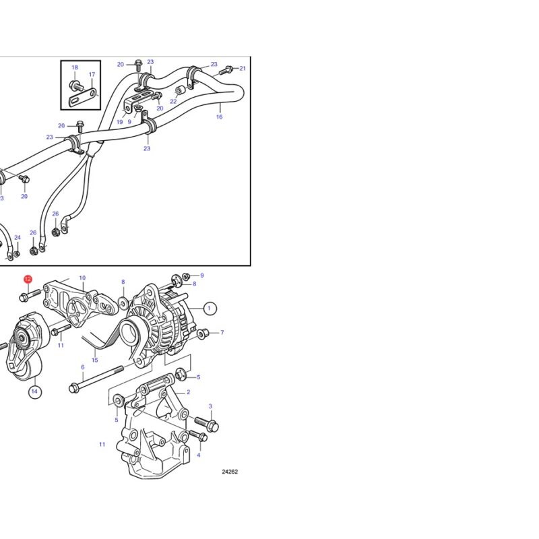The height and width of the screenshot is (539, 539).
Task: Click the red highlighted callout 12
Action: [28, 279]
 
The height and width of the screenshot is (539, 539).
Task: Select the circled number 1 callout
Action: [210, 308]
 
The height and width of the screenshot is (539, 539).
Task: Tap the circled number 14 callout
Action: [34, 391]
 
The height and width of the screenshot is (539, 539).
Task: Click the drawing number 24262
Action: [230, 472]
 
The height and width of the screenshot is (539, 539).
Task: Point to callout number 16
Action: [220, 117]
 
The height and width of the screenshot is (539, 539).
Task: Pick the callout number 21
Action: [243, 69]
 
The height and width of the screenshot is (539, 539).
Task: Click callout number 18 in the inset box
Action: [75, 67]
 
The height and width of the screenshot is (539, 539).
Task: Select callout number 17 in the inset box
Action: [92, 74]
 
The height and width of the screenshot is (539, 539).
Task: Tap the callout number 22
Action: [173, 102]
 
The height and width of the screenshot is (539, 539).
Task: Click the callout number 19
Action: [120, 122]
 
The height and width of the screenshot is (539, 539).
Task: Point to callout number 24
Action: [18, 238]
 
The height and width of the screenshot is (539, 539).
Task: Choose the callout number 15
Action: [95, 360]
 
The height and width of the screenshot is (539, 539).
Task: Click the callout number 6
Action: [82, 367]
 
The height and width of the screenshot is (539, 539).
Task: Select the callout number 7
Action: [222, 332]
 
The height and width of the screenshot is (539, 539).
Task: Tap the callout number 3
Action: [210, 406]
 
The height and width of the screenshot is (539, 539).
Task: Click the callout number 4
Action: [198, 455]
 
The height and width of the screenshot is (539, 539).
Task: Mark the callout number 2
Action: [189, 392]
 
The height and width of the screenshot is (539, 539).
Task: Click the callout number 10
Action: [82, 278]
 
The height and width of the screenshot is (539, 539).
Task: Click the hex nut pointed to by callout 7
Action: [203, 333]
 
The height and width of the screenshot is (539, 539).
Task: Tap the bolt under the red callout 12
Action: [30, 296]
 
